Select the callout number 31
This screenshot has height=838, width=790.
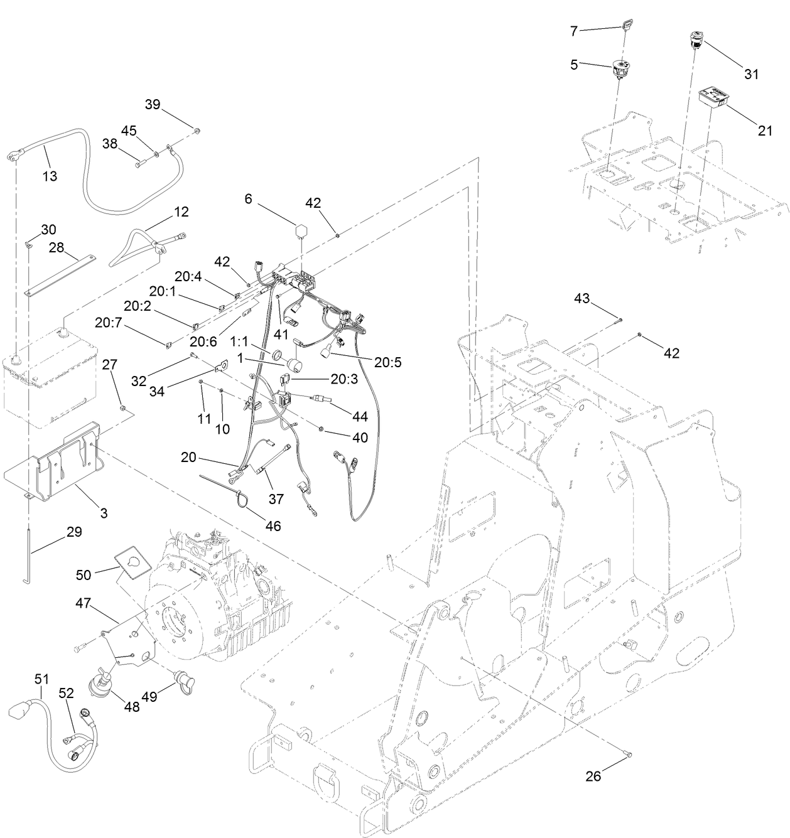point(751,74)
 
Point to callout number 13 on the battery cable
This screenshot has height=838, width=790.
point(50,176)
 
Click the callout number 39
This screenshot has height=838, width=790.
point(153,104)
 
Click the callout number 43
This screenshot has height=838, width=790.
point(582,299)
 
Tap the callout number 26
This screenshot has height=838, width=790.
point(593,776)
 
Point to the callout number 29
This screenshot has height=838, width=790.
point(74,532)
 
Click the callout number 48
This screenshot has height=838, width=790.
point(132,706)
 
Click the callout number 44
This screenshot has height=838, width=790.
point(360,416)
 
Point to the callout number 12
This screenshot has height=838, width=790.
point(181,212)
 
